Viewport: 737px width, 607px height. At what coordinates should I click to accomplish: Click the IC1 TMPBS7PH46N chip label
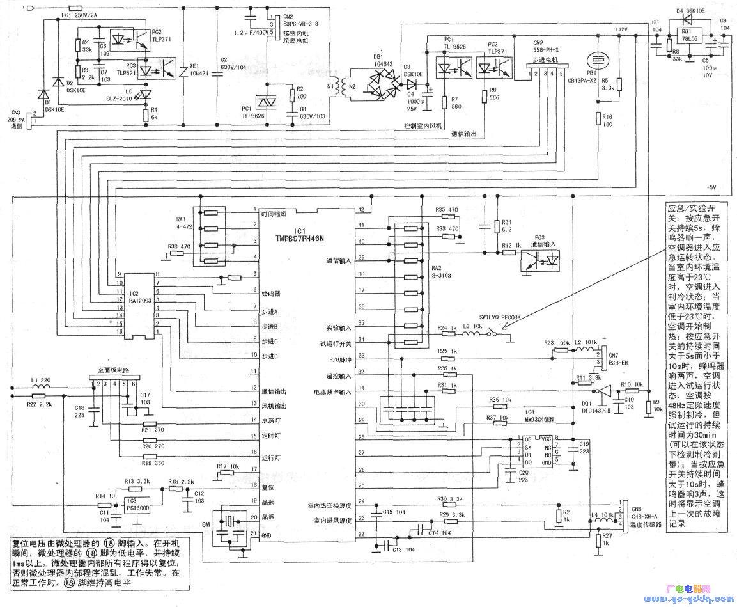coord(300,234)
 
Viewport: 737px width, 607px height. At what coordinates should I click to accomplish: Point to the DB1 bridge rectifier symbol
coord(382,87)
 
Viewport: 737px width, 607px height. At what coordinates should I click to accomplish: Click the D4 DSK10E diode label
coord(687,10)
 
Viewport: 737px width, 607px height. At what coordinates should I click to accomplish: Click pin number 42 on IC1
coord(362,210)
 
